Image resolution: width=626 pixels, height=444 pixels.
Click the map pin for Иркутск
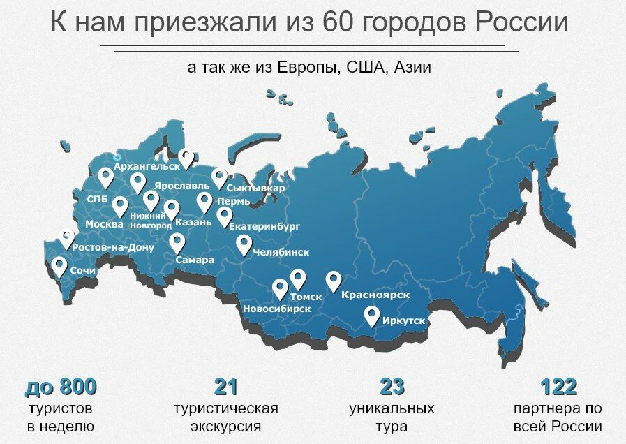tap(372, 316)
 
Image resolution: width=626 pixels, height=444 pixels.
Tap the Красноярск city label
tap(375, 296)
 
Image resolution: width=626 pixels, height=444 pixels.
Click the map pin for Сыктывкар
tap(220, 178)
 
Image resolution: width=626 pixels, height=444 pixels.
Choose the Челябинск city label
tap(281, 252)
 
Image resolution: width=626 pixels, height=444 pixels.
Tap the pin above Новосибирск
tap(280, 289)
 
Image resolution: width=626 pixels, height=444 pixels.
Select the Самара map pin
tap(177, 243)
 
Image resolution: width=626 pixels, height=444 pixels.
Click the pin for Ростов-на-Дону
tap(68, 239)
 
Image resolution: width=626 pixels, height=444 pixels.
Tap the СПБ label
tap(97, 199)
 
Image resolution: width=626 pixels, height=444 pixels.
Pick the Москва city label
tap(104, 224)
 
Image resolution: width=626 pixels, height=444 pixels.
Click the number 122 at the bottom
tap(559, 387)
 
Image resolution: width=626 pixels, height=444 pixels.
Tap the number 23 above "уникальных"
tap(392, 387)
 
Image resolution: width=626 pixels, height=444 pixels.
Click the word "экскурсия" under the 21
tap(225, 426)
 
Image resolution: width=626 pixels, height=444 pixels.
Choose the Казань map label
tap(193, 223)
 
